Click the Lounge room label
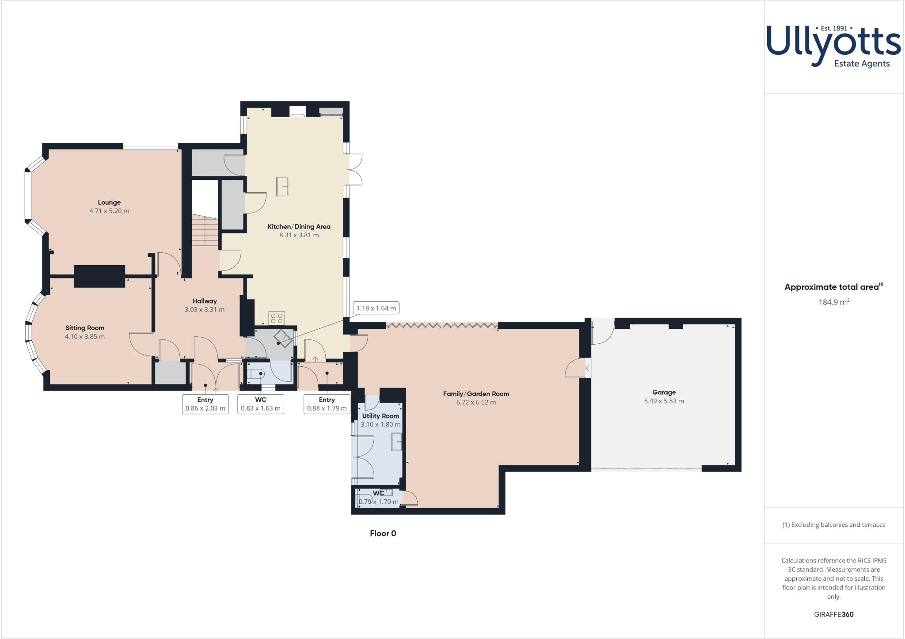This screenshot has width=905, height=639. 109,202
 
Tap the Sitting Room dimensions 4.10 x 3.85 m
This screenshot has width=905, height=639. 85,336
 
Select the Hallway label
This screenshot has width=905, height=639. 205,301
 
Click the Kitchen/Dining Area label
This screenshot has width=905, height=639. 299,226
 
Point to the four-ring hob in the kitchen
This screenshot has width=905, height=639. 277,318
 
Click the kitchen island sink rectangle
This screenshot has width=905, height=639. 282,186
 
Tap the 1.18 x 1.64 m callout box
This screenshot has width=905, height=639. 376,308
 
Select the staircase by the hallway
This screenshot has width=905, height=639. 205,232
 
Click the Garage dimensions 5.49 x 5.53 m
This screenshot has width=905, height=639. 664,401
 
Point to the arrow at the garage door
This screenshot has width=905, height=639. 588,368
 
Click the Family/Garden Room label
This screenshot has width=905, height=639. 476,393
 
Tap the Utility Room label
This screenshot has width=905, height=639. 380,416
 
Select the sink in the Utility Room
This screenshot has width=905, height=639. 397,442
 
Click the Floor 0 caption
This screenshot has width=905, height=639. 383,533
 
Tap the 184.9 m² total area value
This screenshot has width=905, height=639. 833,302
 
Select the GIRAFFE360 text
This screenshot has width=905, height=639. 833,614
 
